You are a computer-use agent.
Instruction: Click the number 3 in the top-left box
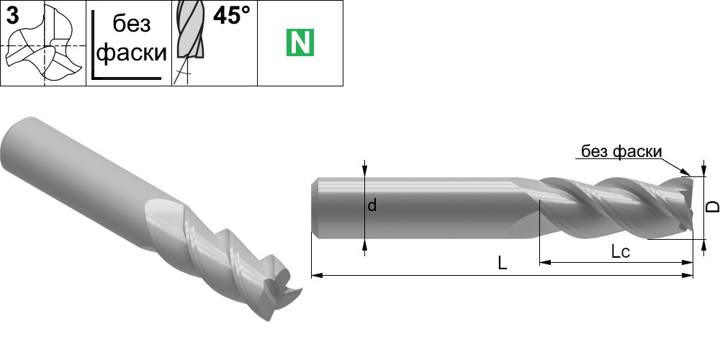tap(12, 17)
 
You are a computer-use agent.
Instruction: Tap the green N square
tap(300, 42)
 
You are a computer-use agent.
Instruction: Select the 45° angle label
tap(232, 16)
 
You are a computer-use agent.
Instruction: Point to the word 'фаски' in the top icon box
tap(131, 53)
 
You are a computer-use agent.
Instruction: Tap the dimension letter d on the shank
tap(372, 205)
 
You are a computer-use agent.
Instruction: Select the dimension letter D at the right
tap(712, 207)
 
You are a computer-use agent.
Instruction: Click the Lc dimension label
tap(620, 251)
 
